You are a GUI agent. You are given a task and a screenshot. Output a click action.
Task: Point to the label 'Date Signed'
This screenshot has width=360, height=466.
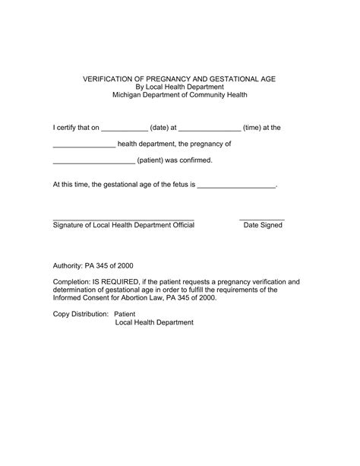pos(263,225)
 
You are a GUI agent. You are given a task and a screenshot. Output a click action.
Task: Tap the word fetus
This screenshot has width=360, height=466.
pos(177,184)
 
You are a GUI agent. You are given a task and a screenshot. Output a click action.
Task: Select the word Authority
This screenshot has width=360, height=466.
pos(70,267)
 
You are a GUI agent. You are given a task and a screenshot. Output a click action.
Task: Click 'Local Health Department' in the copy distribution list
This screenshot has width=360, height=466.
pos(154,322)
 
